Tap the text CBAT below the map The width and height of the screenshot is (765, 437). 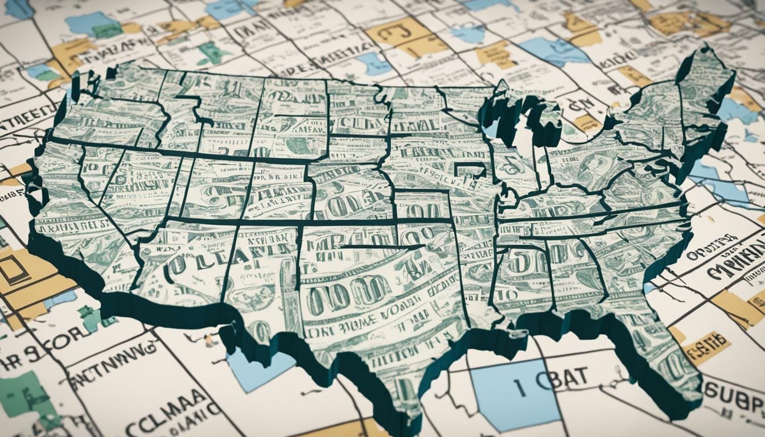pyautogui.click(x=561, y=381)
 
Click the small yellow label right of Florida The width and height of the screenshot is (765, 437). pyautogui.click(x=706, y=348)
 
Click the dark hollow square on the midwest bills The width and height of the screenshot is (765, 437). pyautogui.click(x=470, y=170)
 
